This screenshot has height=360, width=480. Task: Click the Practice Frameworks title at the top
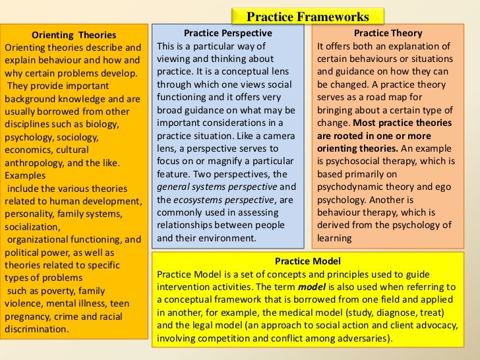click(x=307, y=16)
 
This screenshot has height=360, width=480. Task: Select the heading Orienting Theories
click(x=74, y=35)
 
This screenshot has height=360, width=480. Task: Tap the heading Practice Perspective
click(x=227, y=33)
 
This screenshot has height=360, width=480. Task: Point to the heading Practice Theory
click(x=388, y=33)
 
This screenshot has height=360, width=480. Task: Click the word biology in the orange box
click(x=102, y=124)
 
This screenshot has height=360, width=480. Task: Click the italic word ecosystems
click(x=196, y=199)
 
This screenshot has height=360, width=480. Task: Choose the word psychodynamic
click(x=351, y=187)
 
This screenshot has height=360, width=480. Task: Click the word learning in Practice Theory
click(x=334, y=238)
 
